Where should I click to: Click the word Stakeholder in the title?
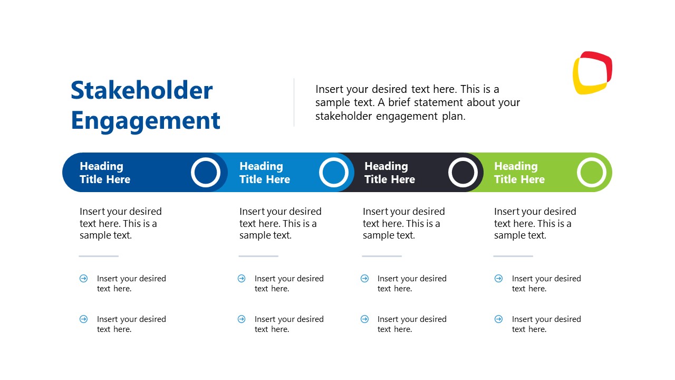point(141,90)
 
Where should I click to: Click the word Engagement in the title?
point(146,120)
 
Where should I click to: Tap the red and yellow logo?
point(592,73)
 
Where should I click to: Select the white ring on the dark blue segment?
point(206,172)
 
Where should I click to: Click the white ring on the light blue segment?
point(334,172)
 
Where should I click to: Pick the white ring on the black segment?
point(463,172)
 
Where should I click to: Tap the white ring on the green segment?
point(592,172)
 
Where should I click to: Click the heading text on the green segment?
point(519,173)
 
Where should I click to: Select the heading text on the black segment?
point(389,173)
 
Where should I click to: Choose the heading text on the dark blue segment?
point(104,173)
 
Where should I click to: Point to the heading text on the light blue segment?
point(264,173)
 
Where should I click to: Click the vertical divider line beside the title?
point(294,102)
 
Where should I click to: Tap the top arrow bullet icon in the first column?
point(83,278)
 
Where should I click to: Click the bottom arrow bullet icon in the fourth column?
point(498,319)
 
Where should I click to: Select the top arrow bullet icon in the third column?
point(364,278)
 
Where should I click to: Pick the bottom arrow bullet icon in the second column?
point(242,319)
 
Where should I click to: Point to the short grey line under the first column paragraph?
point(99,256)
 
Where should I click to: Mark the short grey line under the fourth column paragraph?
point(513,256)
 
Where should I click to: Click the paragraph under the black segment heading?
point(403,223)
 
